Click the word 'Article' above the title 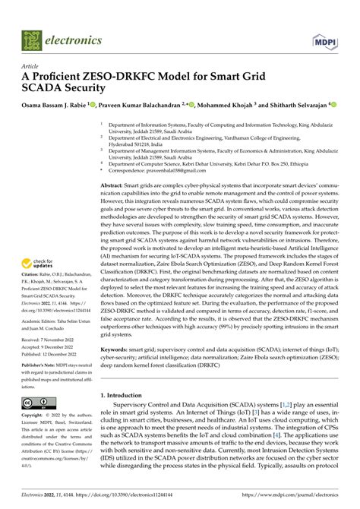coord(31,66)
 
